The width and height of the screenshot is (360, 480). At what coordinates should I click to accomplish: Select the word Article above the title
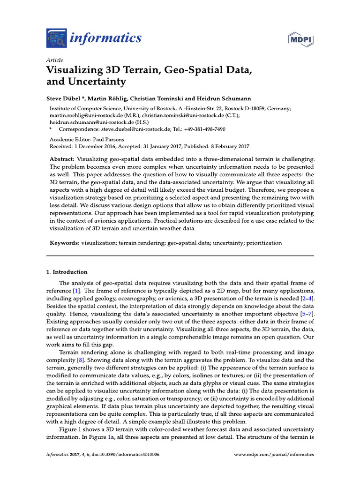point(55,60)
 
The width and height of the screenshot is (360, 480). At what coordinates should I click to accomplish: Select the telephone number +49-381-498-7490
point(206,128)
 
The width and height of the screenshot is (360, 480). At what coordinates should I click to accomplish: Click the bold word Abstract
point(62,159)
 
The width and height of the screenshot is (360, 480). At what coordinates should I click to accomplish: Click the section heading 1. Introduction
point(66,272)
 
